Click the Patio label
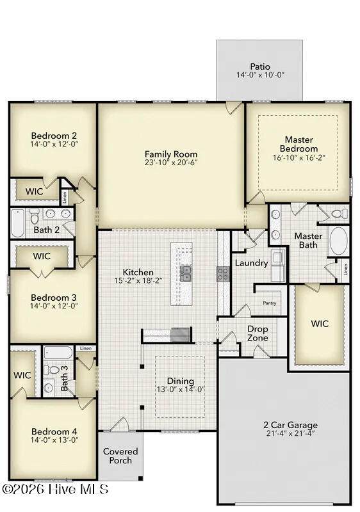260,67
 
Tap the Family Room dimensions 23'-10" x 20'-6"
171,163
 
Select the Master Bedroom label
299,145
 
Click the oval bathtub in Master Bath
338,241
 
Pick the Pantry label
270,303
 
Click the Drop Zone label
258,333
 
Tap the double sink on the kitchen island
186,274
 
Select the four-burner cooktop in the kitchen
224,274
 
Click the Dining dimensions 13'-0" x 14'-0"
181,389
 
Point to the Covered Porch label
120,456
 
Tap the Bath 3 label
64,378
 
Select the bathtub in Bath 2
18,223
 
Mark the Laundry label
251,263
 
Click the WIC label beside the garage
320,324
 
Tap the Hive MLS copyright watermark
55,489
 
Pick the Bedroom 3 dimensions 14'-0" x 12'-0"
54,306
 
